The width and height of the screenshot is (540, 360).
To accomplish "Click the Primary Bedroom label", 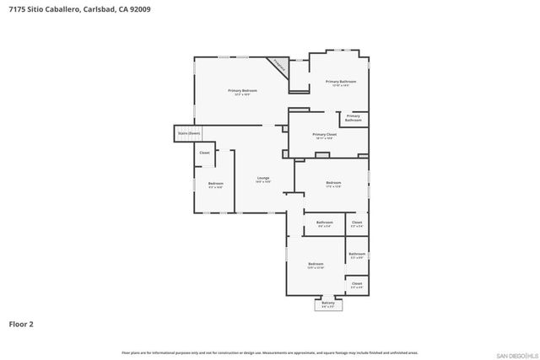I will click(x=242, y=91).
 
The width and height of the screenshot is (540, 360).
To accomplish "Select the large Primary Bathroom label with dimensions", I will click(x=341, y=83).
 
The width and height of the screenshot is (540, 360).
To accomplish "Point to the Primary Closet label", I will click(x=324, y=136).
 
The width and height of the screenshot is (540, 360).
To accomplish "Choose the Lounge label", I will click(x=263, y=179).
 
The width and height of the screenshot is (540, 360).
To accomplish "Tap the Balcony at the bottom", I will click(x=328, y=304).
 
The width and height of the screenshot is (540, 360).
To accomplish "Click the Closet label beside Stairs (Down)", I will click(x=204, y=153).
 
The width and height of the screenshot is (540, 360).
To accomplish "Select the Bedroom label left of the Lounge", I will click(x=215, y=185).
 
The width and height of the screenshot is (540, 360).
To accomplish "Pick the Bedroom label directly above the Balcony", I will click(x=316, y=266).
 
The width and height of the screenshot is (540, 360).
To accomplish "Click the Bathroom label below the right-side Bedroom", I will click(x=325, y=223).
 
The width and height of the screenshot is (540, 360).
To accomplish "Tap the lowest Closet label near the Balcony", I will click(x=357, y=285).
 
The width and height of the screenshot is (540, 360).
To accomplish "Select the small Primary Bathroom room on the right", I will click(x=353, y=118).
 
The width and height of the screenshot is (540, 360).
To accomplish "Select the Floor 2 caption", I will click(x=21, y=323).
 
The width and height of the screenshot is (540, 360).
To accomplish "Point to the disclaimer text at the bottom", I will click(x=269, y=352).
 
